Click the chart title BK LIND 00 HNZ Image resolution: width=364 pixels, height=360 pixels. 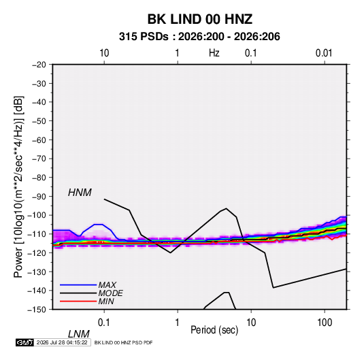(200, 19)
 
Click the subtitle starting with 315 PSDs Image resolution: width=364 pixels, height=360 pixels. (199, 37)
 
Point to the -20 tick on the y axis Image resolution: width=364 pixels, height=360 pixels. (39, 65)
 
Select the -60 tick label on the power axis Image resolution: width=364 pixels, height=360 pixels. (39, 140)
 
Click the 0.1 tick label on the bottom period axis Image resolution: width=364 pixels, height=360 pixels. (104, 323)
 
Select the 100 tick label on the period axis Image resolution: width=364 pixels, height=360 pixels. (325, 323)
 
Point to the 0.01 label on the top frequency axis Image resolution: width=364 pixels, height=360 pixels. (324, 53)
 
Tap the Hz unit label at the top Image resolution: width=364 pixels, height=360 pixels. (214, 53)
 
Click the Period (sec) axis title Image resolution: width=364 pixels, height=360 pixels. (214, 330)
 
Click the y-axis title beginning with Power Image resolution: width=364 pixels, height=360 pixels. (18, 187)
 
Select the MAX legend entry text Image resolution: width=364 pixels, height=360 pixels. (107, 285)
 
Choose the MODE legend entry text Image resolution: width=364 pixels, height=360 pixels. (110, 293)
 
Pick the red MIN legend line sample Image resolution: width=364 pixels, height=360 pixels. (78, 301)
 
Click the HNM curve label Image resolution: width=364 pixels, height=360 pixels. (80, 193)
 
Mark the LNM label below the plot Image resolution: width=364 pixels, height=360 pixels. (79, 334)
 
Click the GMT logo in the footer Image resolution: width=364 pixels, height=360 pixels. (24, 342)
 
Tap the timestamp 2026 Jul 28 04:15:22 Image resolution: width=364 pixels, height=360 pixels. (62, 342)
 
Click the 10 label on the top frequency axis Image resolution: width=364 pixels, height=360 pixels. (104, 53)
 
